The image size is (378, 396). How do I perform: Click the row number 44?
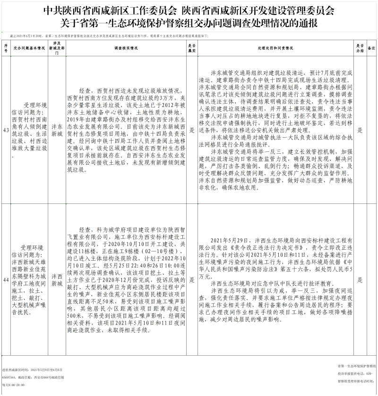[x=6, y=280]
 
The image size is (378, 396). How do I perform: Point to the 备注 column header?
[x=371, y=48]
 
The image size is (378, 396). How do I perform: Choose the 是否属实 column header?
[x=192, y=48]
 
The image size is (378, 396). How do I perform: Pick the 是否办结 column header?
[x=360, y=48]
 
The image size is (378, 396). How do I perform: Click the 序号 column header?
[x=6, y=48]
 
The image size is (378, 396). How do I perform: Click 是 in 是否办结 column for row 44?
[x=360, y=280]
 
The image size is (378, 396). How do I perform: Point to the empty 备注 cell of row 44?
[x=371, y=280]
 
